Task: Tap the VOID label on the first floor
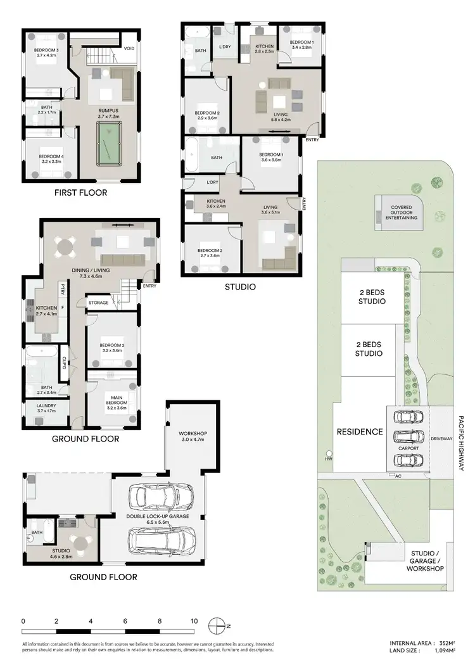(x=129, y=49)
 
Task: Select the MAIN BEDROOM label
(x=116, y=400)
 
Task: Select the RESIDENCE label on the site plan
(x=359, y=432)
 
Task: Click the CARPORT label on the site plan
(x=408, y=448)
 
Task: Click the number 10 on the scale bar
(x=194, y=621)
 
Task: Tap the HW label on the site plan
(x=346, y=459)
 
